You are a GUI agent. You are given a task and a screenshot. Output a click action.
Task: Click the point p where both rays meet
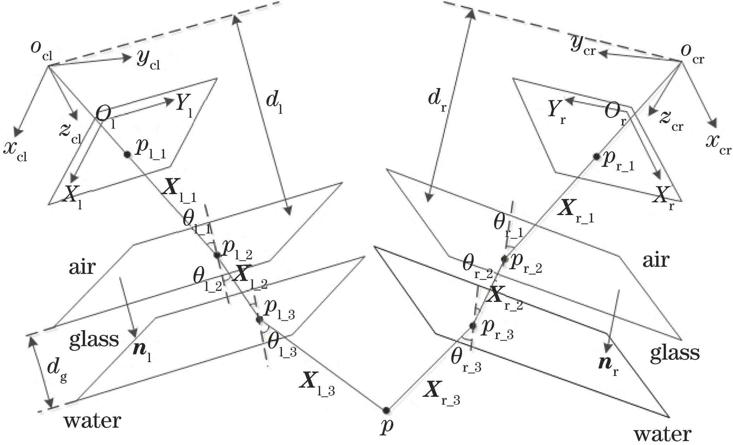pos(386,410)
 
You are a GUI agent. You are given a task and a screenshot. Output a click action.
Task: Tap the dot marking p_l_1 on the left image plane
pos(127,154)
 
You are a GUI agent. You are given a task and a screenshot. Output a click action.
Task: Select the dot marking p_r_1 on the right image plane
pos(596,156)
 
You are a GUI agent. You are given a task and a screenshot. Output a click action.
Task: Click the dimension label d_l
pos(275,103)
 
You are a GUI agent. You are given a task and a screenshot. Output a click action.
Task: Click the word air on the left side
pos(82,267)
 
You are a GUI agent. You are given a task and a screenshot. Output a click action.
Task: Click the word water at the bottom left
pos(92,421)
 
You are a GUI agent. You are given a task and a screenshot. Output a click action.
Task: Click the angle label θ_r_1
pos(508,227)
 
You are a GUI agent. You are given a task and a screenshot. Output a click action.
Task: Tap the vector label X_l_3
pos(316,383)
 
